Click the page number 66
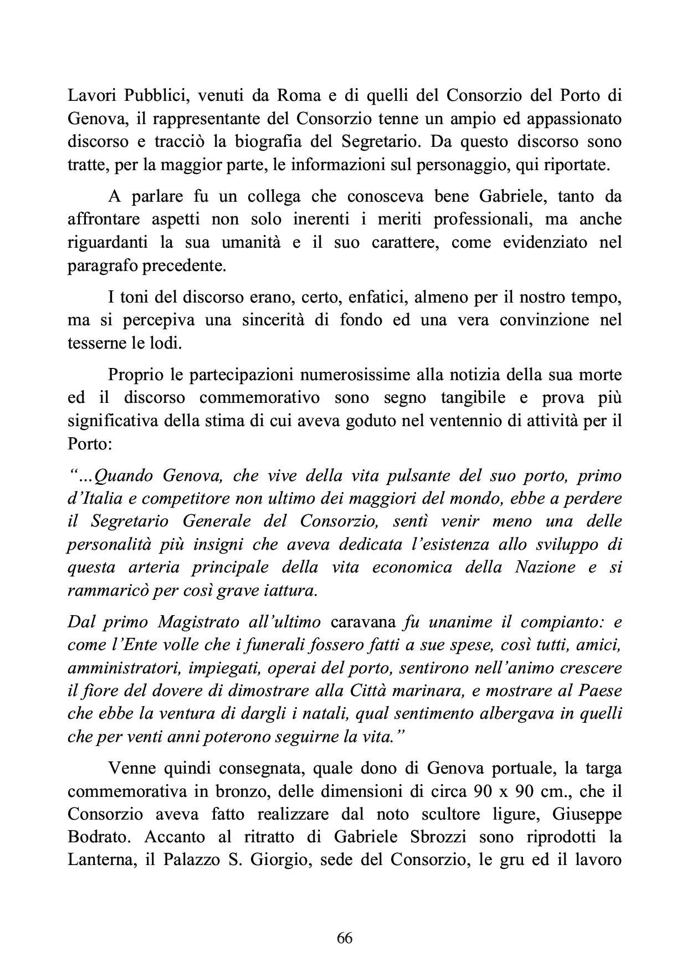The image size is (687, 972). (344, 938)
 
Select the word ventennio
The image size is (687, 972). (479, 421)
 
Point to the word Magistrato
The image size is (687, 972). (198, 622)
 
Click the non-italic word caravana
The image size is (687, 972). (363, 622)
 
